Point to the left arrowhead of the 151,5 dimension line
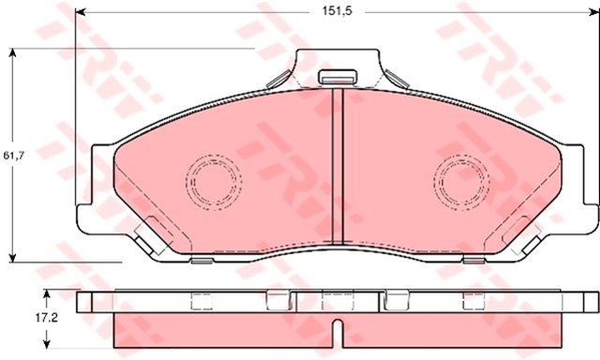pyautogui.click(x=80, y=12)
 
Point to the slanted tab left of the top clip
pyautogui.click(x=277, y=78)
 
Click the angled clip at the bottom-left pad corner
pyautogui.click(x=144, y=240)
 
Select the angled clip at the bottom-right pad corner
pyautogui.click(x=530, y=240)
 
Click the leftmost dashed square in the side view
pyautogui.click(x=202, y=300)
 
